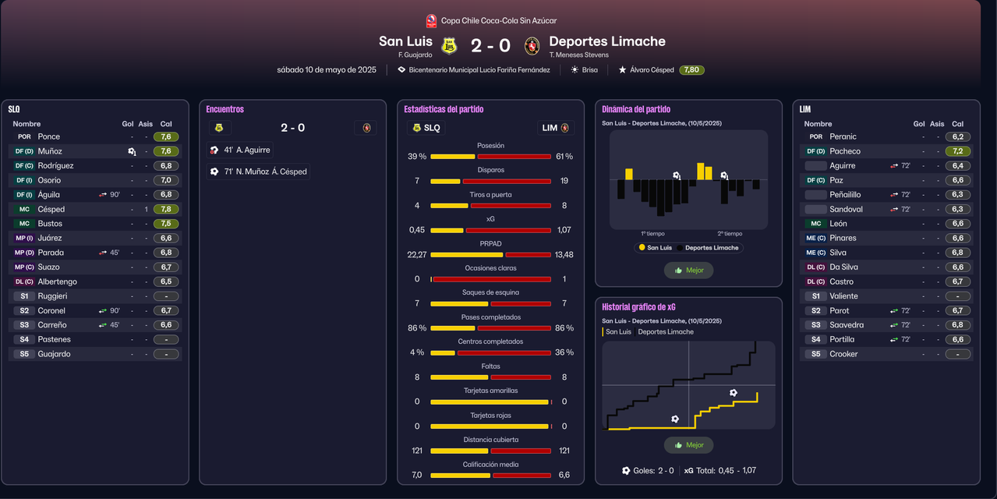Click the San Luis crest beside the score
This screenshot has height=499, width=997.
[x=448, y=46]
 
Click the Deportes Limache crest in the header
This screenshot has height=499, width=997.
[x=532, y=46]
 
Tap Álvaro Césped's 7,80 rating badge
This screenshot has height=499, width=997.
[x=691, y=70]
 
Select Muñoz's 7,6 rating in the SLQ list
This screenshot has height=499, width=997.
[x=166, y=151]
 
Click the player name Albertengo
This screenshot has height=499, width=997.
[x=58, y=281]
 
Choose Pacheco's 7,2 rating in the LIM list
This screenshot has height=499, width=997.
[x=957, y=151]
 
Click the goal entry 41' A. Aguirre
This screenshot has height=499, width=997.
[x=241, y=150]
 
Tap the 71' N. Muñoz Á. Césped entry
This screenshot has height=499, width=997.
[x=259, y=172]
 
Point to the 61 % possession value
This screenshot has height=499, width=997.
[x=564, y=157]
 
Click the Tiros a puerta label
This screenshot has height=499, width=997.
[x=490, y=194]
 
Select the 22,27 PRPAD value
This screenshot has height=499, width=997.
[x=417, y=255]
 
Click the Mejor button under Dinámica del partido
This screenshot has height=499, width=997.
[x=688, y=271]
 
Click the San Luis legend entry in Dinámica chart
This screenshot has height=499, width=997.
[x=655, y=248]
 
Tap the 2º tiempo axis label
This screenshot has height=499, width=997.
[x=730, y=233]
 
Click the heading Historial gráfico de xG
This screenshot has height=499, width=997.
[x=638, y=307]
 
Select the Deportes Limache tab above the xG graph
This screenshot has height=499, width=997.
[x=665, y=332]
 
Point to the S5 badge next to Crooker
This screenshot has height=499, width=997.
[x=815, y=354]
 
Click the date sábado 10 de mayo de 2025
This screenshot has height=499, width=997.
[x=327, y=70]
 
